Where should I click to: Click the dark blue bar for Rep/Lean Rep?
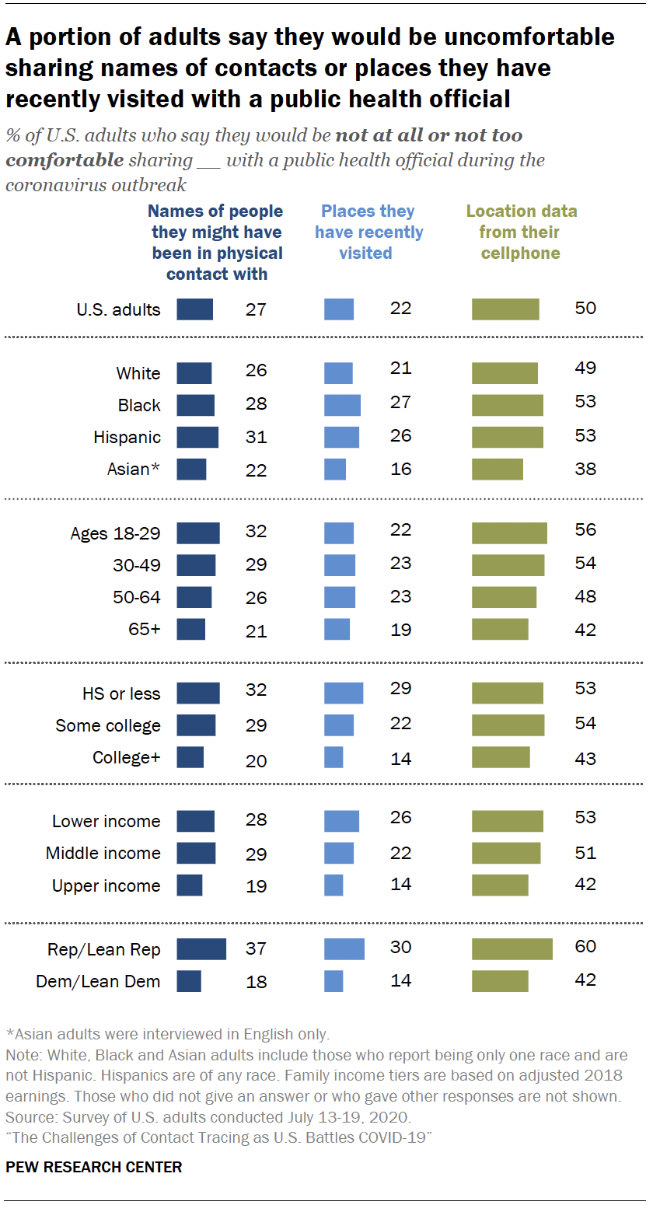point(201,949)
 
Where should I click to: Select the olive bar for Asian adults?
point(498,469)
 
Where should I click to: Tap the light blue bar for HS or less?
point(344,693)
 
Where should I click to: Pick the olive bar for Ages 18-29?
point(509,533)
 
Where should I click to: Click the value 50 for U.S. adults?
point(585,308)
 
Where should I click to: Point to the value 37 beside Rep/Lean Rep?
point(256,949)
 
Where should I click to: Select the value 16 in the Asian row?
point(400,470)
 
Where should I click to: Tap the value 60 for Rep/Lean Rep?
point(585,947)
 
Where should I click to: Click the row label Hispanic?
point(127,437)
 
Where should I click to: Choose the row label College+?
point(127,757)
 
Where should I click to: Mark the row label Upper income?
point(107,885)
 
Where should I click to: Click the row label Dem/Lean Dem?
point(98,981)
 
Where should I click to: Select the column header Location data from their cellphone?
point(521,232)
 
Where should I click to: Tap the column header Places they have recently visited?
point(368,232)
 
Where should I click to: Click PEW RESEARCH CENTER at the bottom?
point(94,1167)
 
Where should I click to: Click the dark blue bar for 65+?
point(191,629)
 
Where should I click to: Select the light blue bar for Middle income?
point(339,853)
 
